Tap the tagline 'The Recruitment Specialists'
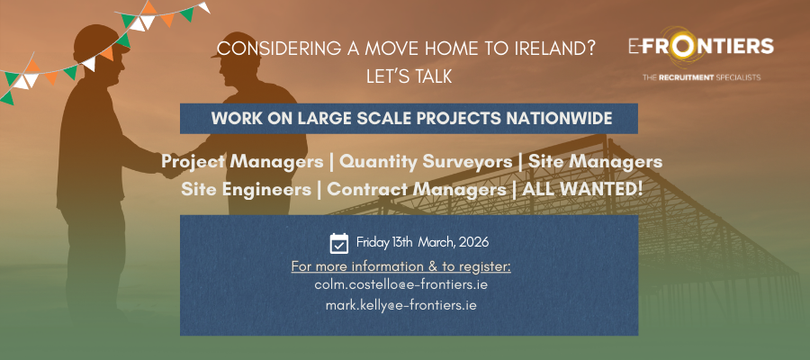(x=701, y=78)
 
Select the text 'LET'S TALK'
(x=409, y=77)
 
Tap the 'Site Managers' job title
(x=595, y=162)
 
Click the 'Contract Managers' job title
(x=415, y=190)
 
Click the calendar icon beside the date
(x=339, y=242)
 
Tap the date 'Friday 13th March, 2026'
(x=422, y=242)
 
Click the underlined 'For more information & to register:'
(x=400, y=267)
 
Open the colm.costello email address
(x=400, y=284)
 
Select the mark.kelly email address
(x=400, y=306)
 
